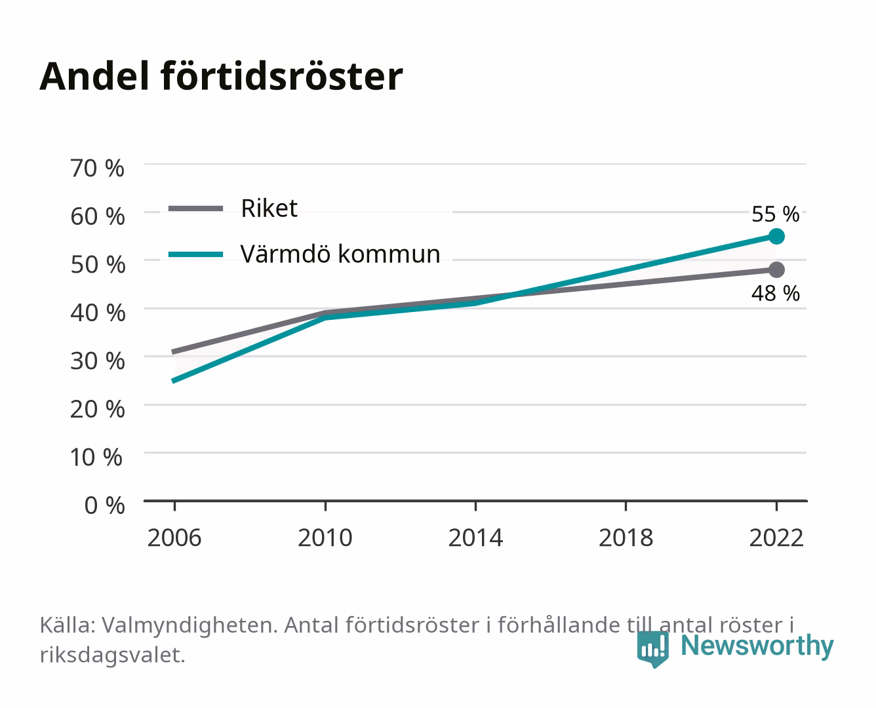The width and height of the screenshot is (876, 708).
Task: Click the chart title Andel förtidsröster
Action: coord(221,77)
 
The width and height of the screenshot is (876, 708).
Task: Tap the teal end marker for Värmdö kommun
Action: coord(776,237)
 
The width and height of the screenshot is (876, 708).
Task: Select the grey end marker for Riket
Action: coord(776,269)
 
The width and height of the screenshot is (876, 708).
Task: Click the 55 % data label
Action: coord(776,214)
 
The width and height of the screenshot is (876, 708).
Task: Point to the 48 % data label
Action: coord(776,294)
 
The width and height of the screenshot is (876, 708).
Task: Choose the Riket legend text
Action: coord(269,208)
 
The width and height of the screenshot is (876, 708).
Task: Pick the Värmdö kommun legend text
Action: coord(340,254)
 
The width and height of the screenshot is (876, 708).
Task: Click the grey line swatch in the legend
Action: coord(196,209)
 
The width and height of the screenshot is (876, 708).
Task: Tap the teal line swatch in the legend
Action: coord(196,254)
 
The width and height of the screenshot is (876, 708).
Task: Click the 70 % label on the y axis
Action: coord(97,168)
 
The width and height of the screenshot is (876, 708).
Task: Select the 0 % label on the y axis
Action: coord(104,505)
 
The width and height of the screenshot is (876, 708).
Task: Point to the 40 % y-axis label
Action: coord(98,313)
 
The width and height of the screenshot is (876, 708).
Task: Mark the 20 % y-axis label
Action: coord(98,409)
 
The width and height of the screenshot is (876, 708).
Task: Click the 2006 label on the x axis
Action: coord(174,538)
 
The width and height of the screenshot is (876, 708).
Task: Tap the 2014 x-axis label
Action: coord(475,538)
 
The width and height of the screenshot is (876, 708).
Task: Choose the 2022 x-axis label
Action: coord(776,538)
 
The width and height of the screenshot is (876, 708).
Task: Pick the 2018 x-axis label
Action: coord(626,538)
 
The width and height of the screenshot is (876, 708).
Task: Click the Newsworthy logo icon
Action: coord(652,649)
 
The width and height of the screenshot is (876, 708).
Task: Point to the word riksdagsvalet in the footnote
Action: coord(112,655)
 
